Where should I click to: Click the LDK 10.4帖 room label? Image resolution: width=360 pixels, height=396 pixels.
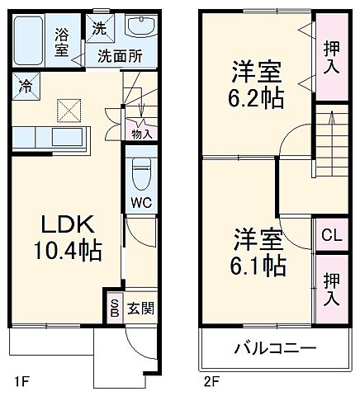coord(67,238)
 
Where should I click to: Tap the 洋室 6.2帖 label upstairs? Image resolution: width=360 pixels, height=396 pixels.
coord(256,85)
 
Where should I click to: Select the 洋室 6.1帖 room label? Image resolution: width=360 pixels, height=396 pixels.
coord(258,252)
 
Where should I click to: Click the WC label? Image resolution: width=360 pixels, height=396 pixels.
coord(139,200)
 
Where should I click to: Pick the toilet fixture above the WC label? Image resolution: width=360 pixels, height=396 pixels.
coord(140,172)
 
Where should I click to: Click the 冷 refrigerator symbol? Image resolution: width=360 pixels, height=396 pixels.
coord(26,85)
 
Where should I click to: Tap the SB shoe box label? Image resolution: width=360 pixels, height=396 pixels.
coord(114,309)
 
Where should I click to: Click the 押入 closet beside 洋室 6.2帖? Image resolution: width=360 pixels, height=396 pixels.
coord(332,56)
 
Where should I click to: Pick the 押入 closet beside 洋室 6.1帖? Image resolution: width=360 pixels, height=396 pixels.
coord(332,289)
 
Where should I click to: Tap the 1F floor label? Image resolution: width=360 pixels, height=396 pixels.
coord(22,380)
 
